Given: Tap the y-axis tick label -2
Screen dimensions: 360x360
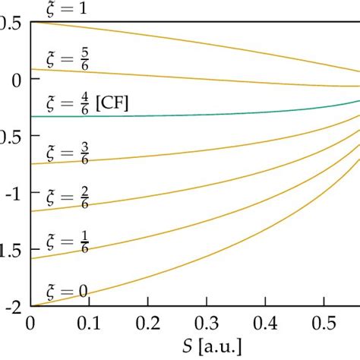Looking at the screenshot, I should pyautogui.click(x=14, y=307).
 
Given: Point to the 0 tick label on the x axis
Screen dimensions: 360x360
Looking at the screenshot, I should pyautogui.click(x=31, y=323).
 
